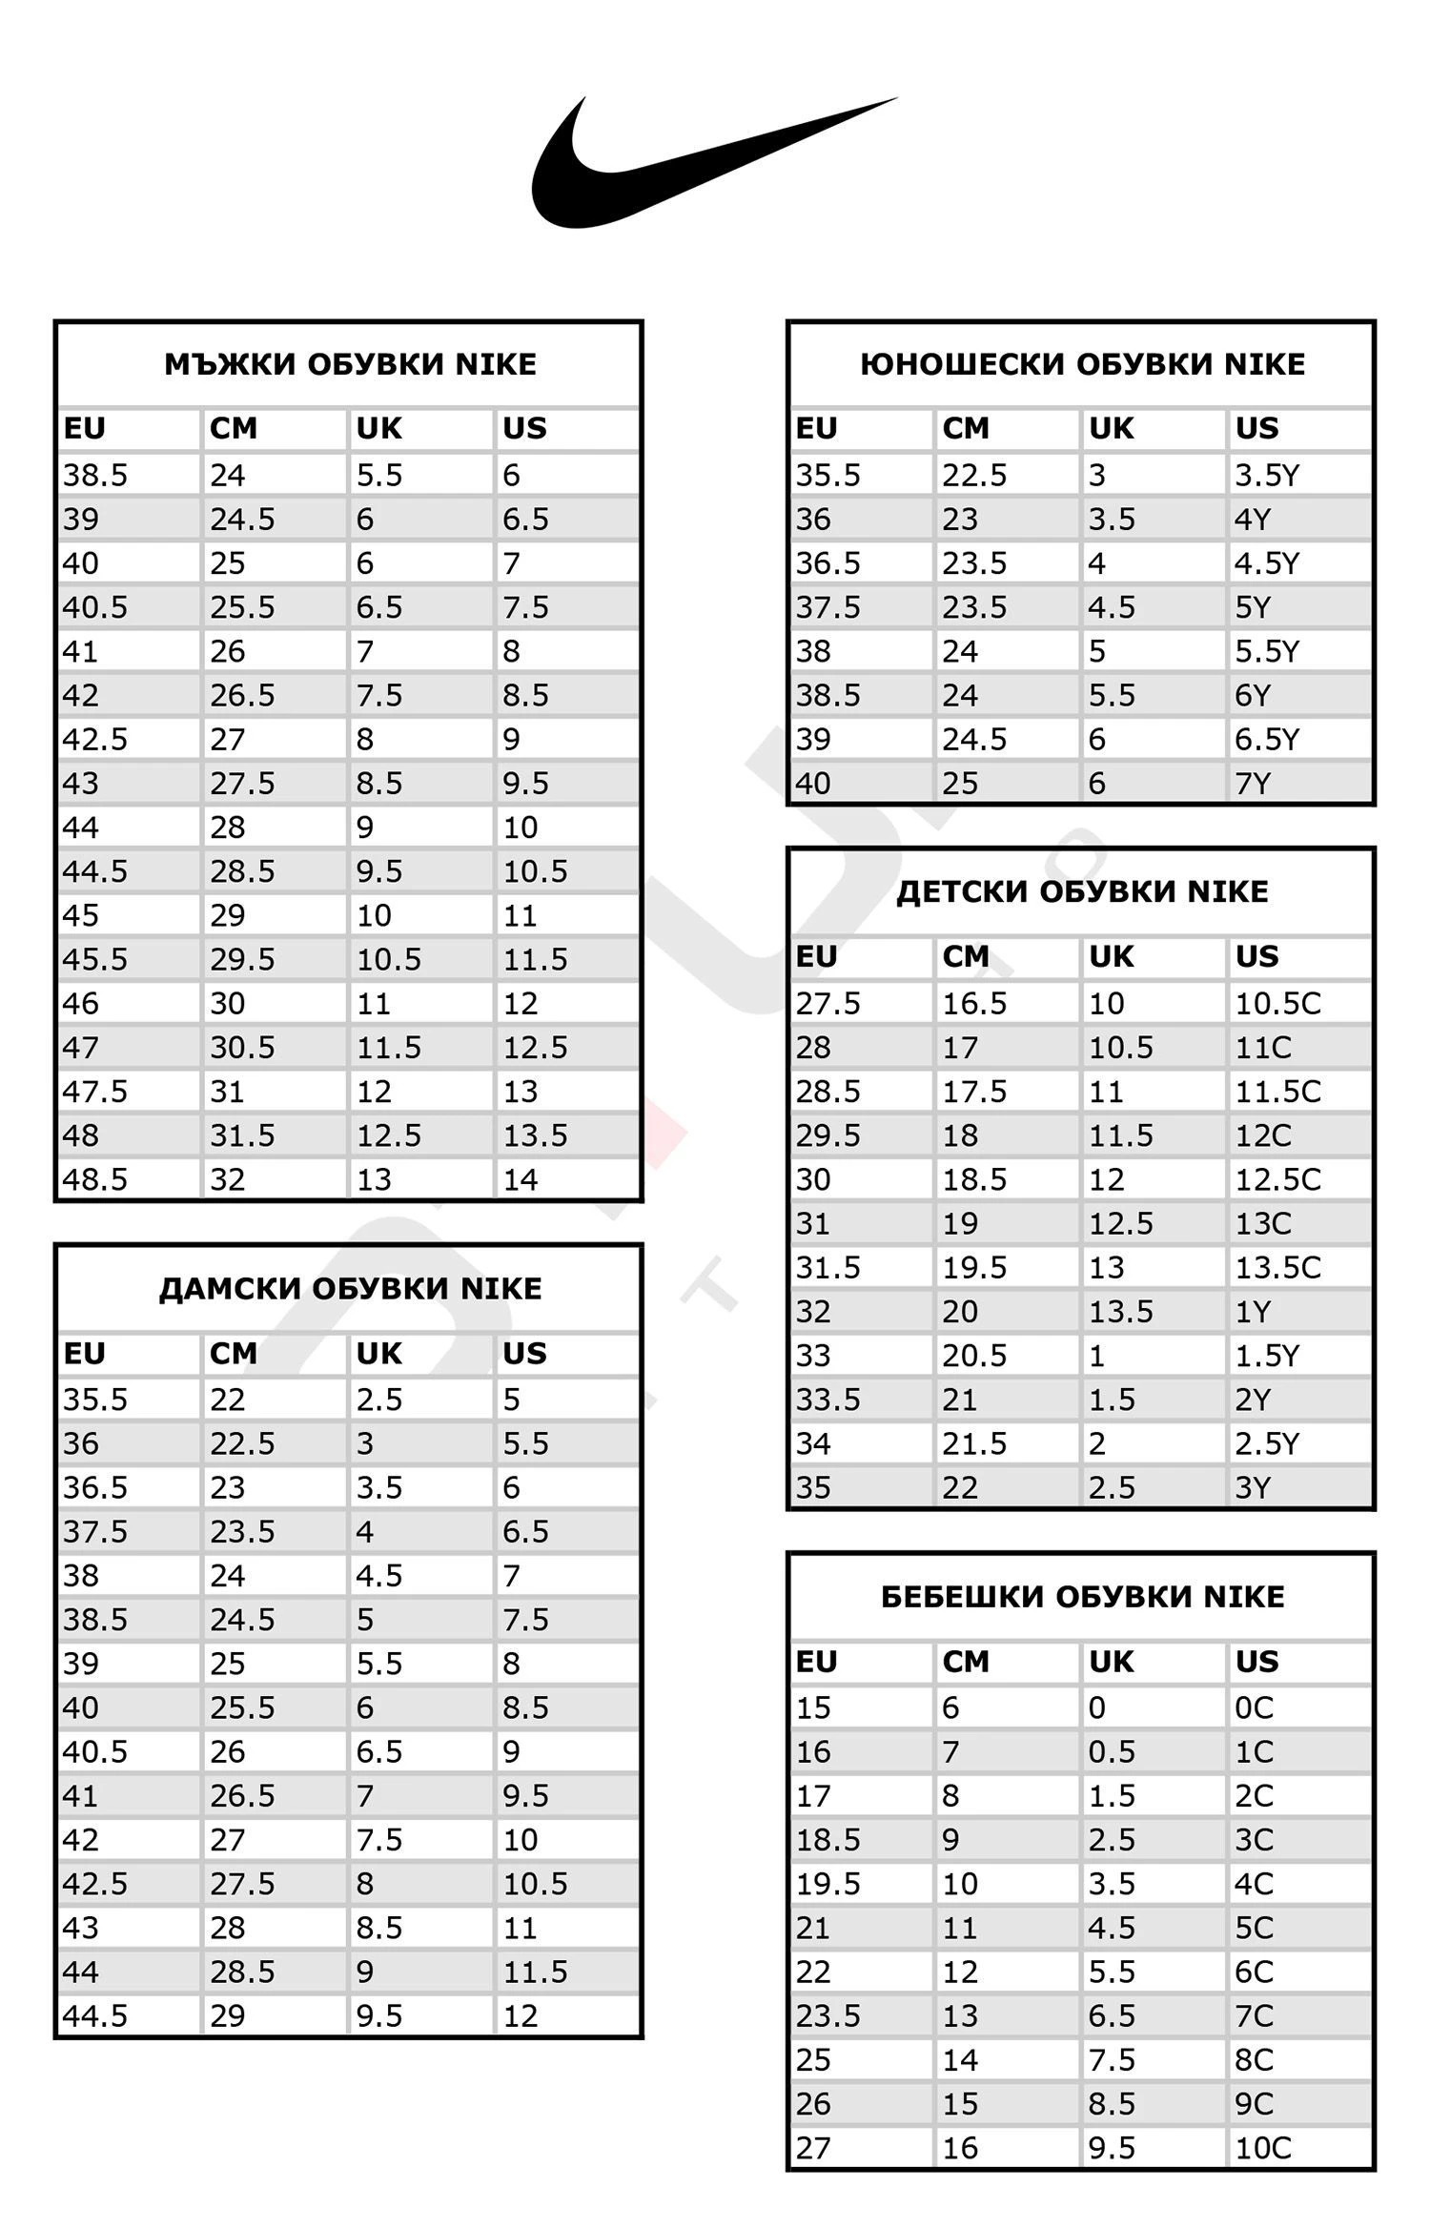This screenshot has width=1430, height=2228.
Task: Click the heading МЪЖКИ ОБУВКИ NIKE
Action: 350,364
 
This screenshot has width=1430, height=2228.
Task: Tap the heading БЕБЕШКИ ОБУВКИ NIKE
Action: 1082,1597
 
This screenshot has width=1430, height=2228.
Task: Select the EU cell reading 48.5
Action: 95,1180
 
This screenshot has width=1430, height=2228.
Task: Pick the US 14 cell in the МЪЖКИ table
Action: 521,1180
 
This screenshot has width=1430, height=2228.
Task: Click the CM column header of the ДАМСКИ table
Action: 234,1354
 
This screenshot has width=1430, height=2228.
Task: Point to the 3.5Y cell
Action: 1267,475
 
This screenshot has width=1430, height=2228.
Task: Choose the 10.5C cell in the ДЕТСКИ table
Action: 1277,1003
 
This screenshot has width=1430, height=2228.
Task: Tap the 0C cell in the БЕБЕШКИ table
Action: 1254,1707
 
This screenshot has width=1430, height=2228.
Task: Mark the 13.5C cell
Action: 1277,1267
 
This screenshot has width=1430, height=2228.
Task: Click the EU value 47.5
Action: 95,1092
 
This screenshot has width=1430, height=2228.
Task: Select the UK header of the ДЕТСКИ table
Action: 1112,956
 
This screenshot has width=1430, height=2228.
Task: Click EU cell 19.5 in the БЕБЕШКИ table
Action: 828,1884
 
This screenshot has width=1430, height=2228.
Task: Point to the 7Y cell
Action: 1253,784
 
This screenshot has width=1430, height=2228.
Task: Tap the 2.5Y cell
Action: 1267,1443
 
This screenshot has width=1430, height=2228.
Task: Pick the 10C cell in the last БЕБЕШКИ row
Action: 1263,2148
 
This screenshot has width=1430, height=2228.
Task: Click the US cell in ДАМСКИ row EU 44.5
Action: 521,2015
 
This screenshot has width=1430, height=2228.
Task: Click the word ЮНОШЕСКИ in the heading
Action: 962,364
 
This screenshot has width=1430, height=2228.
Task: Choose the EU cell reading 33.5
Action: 828,1400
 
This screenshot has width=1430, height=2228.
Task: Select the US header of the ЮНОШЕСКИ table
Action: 1256,429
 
